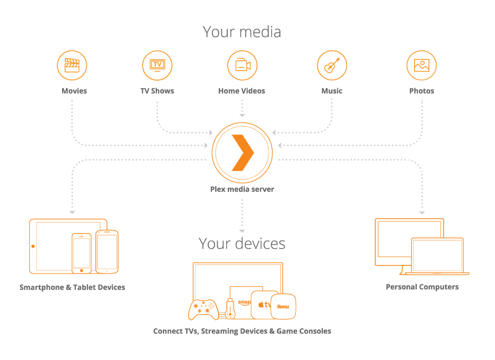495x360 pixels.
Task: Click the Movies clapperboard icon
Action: click(72, 65)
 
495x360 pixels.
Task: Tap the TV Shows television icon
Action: click(157, 65)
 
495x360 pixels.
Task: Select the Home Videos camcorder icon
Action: click(242, 65)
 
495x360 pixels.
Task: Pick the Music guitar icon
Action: click(332, 65)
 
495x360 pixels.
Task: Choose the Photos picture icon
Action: click(422, 65)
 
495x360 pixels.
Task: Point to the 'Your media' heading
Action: click(242, 32)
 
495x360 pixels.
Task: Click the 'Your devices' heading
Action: click(242, 243)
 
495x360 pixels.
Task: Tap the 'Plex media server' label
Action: click(242, 189)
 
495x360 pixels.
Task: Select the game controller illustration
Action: click(202, 309)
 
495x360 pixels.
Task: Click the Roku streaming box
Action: click(283, 306)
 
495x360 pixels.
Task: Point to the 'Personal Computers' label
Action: click(422, 287)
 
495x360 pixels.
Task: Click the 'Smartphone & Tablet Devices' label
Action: click(72, 288)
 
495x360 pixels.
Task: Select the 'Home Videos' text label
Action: click(242, 91)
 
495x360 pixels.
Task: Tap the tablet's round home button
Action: click(33, 246)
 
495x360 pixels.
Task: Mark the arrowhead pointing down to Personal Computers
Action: click(422, 213)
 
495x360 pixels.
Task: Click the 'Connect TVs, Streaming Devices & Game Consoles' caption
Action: click(242, 331)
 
